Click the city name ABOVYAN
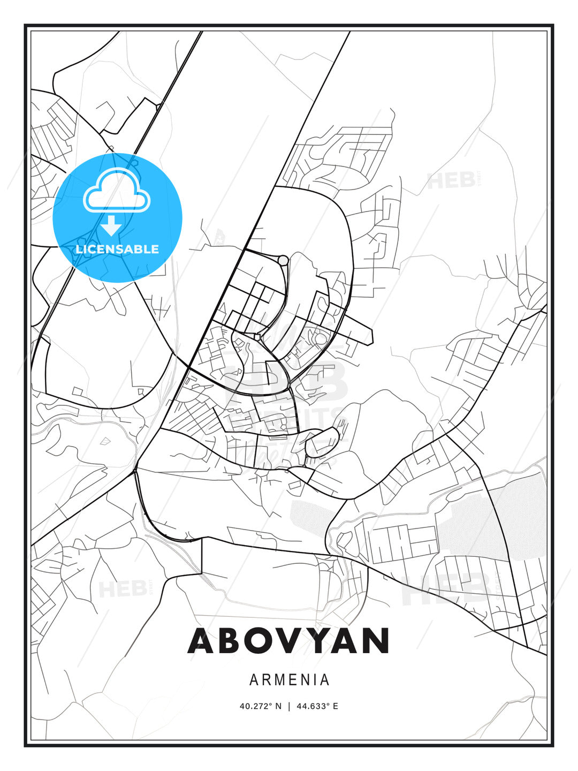(x=288, y=640)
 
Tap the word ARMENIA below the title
(x=290, y=680)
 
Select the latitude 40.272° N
(x=260, y=706)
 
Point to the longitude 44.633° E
(x=317, y=706)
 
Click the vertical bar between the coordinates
(x=290, y=706)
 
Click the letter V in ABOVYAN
(x=290, y=640)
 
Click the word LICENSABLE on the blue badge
(x=117, y=249)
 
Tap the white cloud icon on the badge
(x=117, y=191)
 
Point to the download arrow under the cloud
(x=111, y=225)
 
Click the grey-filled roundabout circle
(x=283, y=260)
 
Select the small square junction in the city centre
(x=257, y=337)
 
